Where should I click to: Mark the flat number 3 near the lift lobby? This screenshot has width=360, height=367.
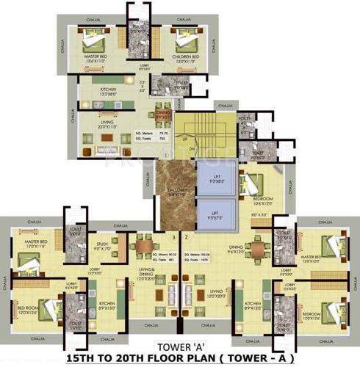click(x=174, y=238)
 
